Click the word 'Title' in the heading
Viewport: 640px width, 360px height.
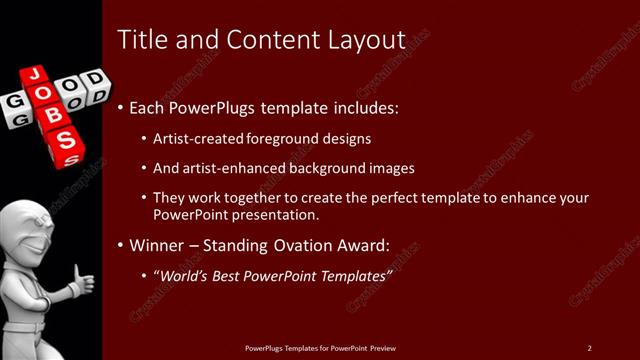click(139, 39)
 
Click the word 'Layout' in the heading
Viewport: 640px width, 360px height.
click(365, 39)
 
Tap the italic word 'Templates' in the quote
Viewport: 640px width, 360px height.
click(354, 274)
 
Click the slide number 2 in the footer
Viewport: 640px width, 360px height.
click(590, 347)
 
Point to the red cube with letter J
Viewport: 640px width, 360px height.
click(34, 75)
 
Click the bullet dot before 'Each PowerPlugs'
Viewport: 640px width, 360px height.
click(121, 107)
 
